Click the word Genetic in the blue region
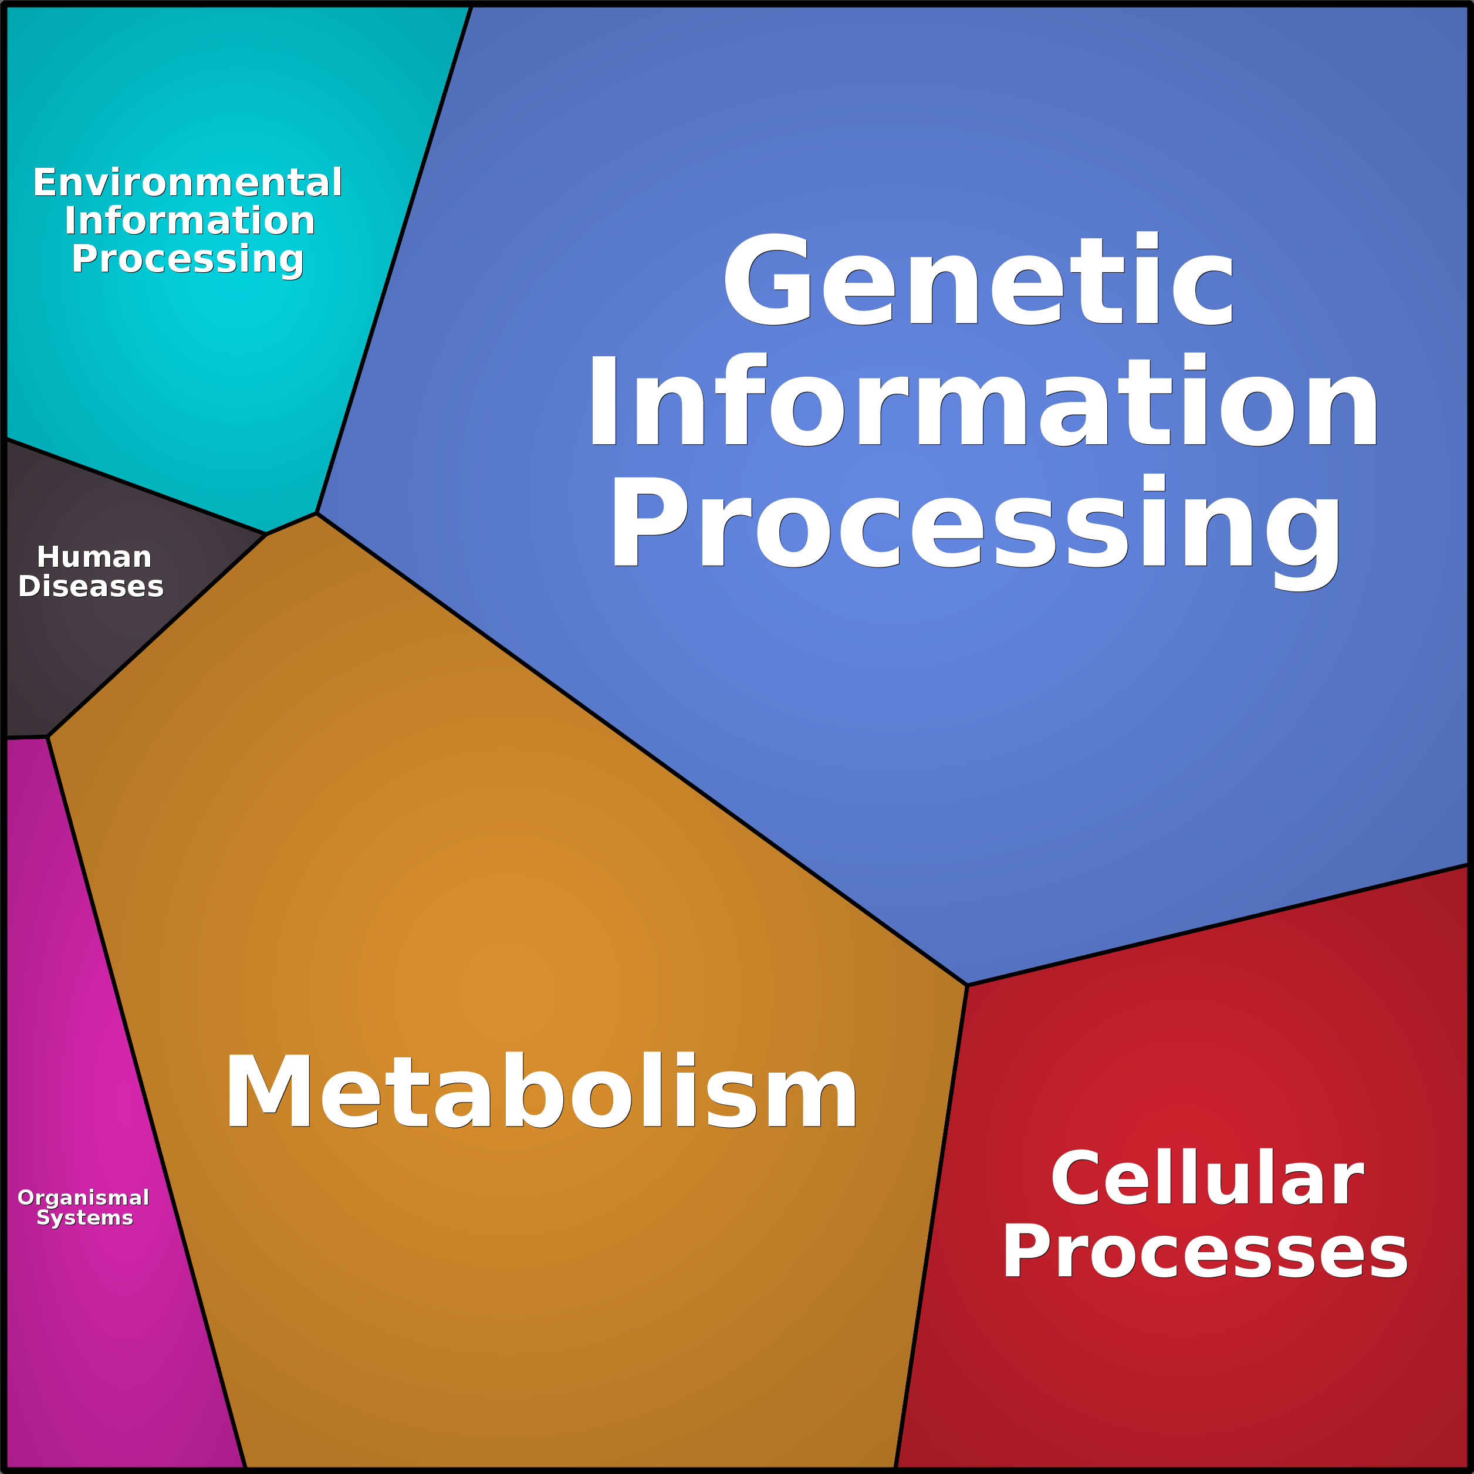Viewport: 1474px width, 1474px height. coord(978,280)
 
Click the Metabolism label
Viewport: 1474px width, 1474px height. coord(541,1091)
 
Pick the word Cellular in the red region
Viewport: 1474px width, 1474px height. coord(1207,1179)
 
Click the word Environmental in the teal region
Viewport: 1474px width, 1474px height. coord(188,183)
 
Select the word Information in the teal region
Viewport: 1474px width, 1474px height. coord(189,221)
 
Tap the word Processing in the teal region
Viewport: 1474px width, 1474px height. coord(188,259)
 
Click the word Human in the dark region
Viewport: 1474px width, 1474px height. coord(94,557)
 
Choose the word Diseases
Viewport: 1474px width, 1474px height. coord(91,587)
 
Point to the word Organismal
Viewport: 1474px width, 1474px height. coord(83,1198)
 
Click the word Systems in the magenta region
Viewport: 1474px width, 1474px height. coord(84,1218)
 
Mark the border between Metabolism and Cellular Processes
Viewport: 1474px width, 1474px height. coord(932,1221)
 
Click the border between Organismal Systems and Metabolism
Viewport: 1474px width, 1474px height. coord(145,1098)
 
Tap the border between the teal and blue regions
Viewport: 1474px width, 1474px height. coord(394,259)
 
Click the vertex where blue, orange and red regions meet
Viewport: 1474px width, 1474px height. coord(966,986)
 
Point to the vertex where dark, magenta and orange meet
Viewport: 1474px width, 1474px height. coord(48,737)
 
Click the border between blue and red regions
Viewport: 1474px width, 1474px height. coord(1221,925)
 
